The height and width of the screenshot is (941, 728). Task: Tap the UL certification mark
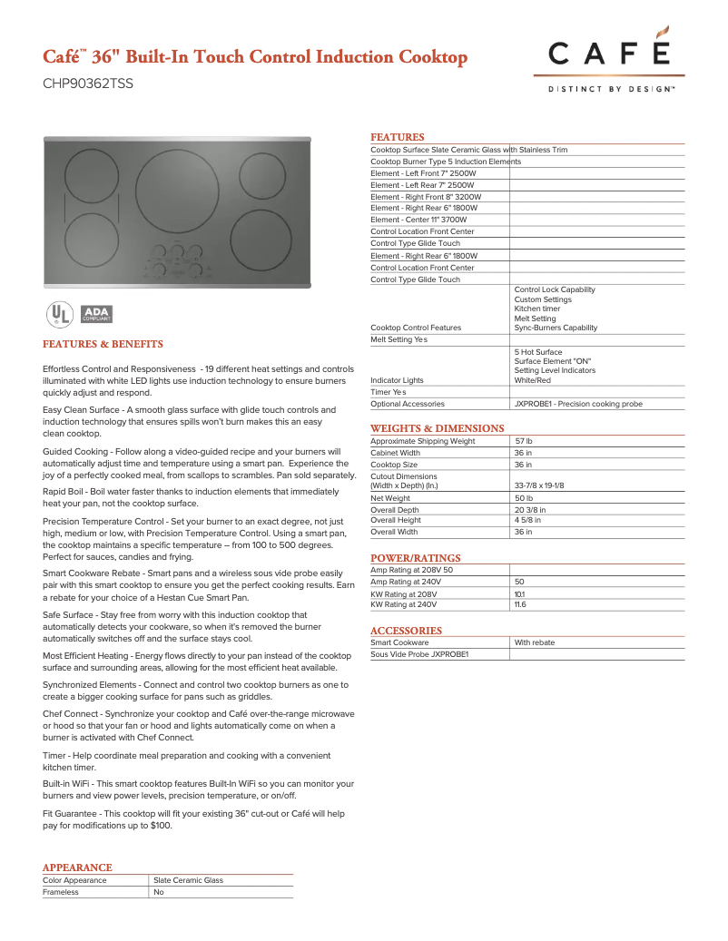coord(59,314)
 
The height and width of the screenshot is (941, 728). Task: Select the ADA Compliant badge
coord(96,314)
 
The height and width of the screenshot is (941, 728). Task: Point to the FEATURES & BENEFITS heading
coord(103,345)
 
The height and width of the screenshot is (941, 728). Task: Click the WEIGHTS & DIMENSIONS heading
coord(437,428)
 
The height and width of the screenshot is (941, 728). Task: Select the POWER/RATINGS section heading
coord(415,558)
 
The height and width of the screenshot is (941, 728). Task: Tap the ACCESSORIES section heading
coord(406,631)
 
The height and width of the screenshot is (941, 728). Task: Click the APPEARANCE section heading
coord(77,868)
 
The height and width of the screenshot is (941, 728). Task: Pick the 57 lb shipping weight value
coord(524,441)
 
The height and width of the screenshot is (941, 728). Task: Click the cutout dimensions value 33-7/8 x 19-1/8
coord(539,485)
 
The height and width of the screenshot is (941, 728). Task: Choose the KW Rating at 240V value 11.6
coord(520,604)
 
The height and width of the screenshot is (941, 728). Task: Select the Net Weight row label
coord(390,498)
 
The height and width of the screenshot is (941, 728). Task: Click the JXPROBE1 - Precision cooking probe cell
coord(578,404)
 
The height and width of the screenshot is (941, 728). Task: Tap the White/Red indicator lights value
coord(532,380)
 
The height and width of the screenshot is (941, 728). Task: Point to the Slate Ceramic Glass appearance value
coord(188,880)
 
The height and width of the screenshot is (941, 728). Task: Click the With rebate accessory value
coord(534,642)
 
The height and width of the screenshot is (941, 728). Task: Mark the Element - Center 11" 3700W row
coord(418,220)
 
